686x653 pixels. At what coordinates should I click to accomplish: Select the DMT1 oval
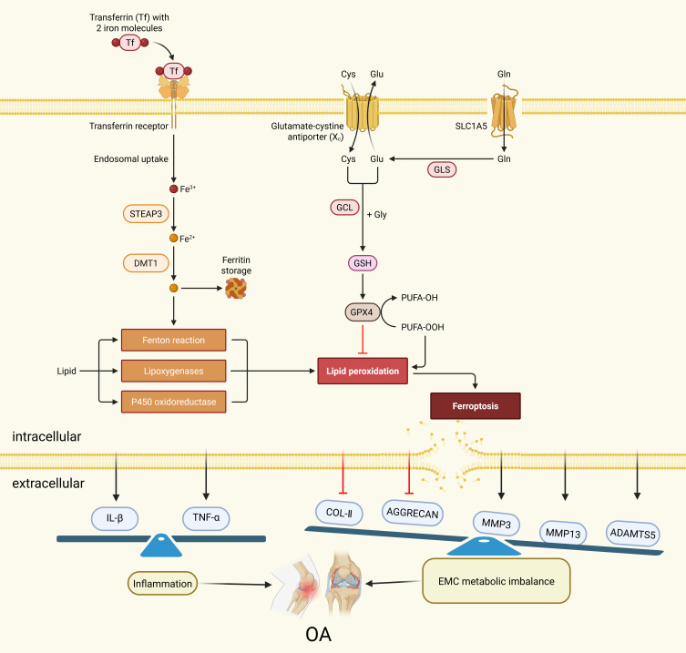click(147, 262)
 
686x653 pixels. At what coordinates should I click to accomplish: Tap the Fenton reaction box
click(172, 341)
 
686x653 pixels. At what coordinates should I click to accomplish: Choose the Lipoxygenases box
click(172, 372)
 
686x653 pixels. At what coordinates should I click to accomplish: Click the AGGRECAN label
click(412, 512)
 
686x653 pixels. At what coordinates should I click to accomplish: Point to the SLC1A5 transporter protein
click(504, 118)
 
